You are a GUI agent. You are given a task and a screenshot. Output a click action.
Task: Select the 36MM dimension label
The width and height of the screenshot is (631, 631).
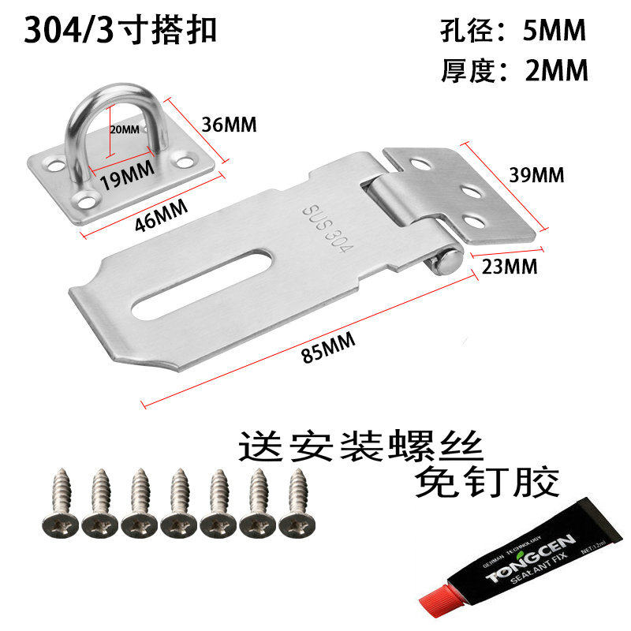[x=230, y=124]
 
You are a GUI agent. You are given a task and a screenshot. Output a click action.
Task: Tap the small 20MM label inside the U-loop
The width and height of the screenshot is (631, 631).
[x=125, y=129]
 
